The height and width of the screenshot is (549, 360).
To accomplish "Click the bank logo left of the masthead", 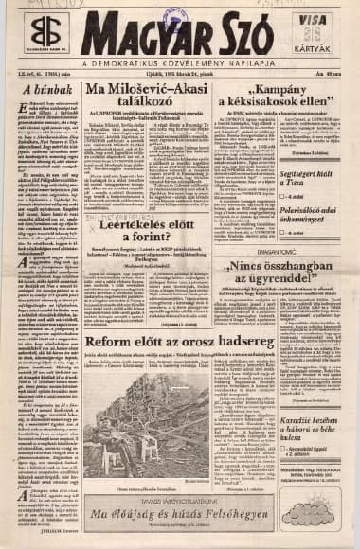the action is [42, 37].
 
